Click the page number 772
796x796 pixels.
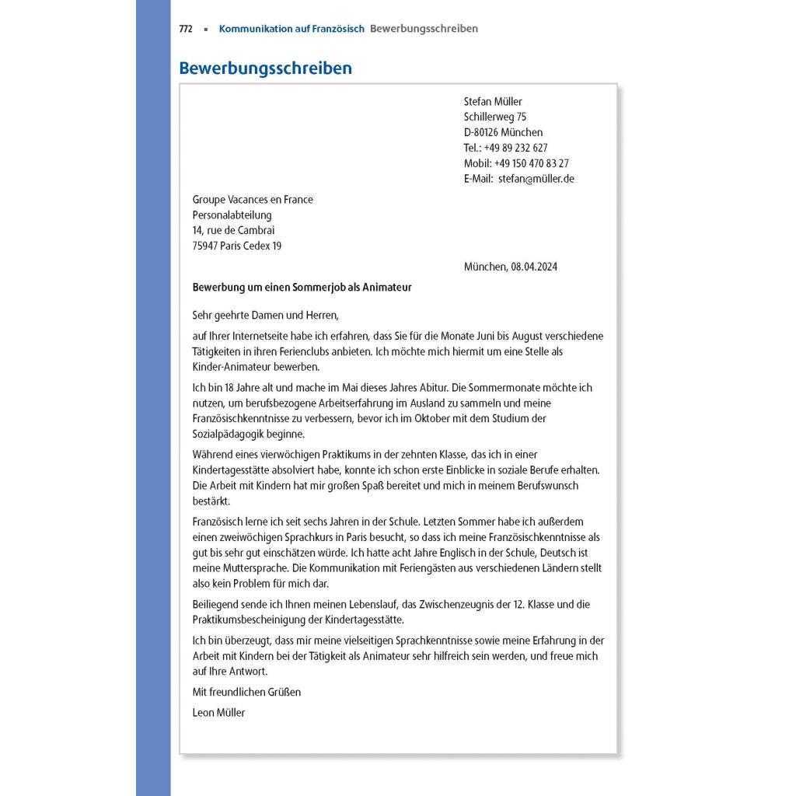pos(186,29)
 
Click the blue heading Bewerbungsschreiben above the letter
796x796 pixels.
pos(265,68)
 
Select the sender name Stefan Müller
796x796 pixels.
pos(493,101)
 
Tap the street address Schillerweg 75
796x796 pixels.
pos(495,117)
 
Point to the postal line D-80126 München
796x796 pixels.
pos(503,132)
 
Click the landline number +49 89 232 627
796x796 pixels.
pos(515,148)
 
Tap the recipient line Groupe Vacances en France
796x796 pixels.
pos(253,200)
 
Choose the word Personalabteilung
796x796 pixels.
pos(232,215)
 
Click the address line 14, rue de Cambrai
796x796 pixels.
pos(233,231)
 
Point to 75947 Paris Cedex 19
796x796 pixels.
pos(237,246)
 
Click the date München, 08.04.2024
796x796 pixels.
pos(510,267)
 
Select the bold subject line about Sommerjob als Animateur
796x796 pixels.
pos(302,288)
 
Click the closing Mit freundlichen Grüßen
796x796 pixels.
pos(246,692)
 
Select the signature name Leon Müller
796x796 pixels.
pos(218,712)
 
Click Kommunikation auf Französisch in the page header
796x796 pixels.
pos(292,29)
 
